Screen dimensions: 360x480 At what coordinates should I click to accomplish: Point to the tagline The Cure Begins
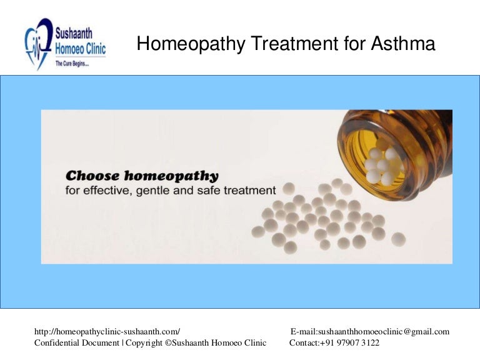72,63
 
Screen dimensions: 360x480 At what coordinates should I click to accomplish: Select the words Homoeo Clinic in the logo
81,49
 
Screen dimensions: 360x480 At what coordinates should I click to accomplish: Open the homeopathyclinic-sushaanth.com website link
107,332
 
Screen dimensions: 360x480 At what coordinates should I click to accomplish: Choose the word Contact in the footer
304,343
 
